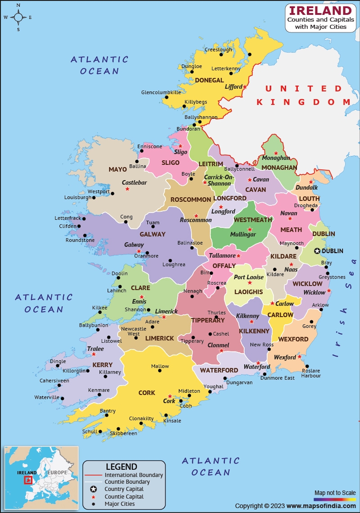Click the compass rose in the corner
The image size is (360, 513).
click(18, 18)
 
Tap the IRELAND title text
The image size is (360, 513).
click(320, 11)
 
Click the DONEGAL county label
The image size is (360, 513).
click(209, 80)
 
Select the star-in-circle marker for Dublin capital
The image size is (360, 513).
click(317, 251)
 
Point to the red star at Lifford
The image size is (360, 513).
click(245, 86)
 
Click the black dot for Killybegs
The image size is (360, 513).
click(184, 107)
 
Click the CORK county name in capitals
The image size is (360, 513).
click(147, 393)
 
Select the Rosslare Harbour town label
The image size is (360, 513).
click(311, 372)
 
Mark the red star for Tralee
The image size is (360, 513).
click(94, 354)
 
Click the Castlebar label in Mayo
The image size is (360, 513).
click(135, 182)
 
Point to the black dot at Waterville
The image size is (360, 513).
click(63, 399)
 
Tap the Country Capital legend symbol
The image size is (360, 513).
click(93, 489)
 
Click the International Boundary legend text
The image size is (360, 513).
click(134, 475)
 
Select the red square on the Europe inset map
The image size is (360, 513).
click(28, 480)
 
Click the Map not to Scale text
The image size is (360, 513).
click(335, 493)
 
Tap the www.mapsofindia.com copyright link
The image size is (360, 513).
click(320, 506)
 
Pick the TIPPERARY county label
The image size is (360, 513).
click(207, 320)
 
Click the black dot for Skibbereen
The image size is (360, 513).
click(118, 429)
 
